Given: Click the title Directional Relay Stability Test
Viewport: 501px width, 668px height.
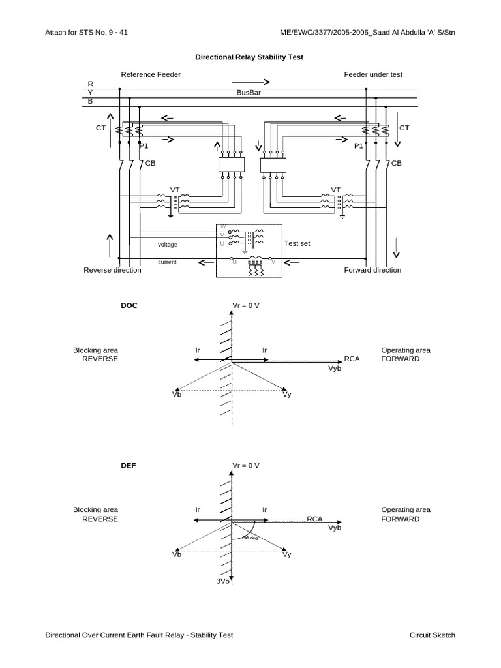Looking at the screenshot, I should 249,57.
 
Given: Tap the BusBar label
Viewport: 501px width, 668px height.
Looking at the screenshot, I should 249,93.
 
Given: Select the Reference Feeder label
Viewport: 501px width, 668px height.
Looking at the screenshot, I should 151,74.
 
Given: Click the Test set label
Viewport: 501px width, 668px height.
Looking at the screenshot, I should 297,243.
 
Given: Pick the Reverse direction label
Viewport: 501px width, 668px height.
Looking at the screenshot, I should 112,270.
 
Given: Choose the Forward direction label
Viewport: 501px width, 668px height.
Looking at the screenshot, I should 372,270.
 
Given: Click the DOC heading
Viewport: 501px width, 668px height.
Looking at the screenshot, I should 129,305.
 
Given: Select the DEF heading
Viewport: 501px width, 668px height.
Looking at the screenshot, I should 129,466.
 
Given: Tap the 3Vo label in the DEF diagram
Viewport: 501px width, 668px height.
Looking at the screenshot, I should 223,581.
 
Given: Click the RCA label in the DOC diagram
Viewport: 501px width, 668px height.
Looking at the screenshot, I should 352,359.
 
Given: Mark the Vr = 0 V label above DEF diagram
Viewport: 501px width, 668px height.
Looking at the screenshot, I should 246,466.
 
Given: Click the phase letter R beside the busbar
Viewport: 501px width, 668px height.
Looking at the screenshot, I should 90,83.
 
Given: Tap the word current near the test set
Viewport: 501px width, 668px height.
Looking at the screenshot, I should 168,262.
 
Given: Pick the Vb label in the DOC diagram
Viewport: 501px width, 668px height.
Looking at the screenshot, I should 176,394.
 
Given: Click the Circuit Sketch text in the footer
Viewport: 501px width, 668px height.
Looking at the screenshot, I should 432,635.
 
